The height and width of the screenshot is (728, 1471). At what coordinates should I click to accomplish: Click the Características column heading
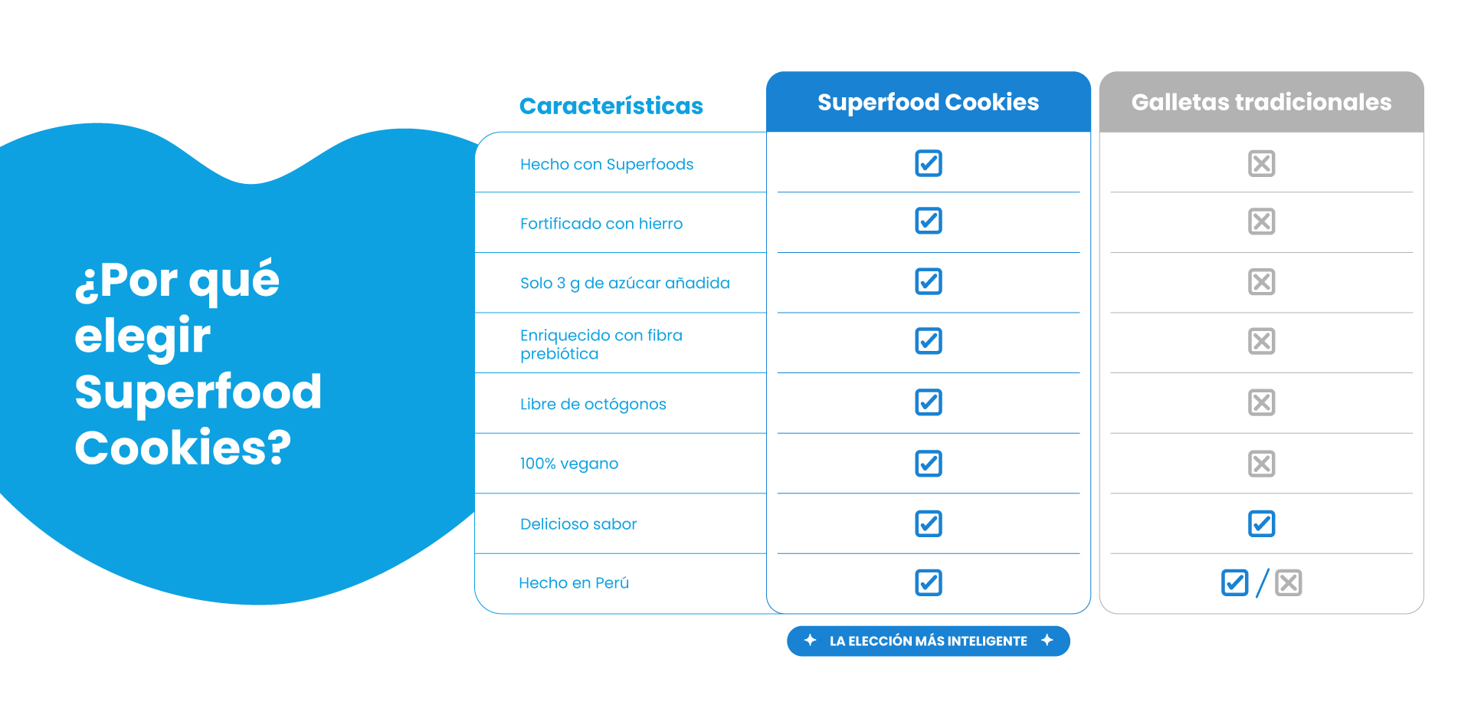pyautogui.click(x=611, y=106)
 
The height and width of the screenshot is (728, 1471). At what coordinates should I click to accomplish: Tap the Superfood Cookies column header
pyautogui.click(x=928, y=102)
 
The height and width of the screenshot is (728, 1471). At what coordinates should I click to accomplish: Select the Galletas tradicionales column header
pyautogui.click(x=1261, y=102)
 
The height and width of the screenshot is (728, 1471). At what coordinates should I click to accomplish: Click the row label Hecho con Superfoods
pyautogui.click(x=606, y=164)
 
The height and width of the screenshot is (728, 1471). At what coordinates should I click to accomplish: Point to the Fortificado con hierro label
pyautogui.click(x=601, y=223)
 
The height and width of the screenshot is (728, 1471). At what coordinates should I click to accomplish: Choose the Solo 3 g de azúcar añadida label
pyautogui.click(x=624, y=283)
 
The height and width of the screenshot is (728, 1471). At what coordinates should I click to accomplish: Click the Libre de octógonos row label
pyautogui.click(x=593, y=404)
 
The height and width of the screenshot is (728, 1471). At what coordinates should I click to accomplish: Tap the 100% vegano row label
pyautogui.click(x=568, y=464)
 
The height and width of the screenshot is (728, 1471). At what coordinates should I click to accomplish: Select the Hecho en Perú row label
pyautogui.click(x=574, y=582)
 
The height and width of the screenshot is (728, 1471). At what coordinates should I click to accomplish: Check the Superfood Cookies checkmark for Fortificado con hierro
pyautogui.click(x=929, y=221)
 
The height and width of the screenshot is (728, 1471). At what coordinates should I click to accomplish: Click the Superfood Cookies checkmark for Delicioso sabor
pyautogui.click(x=929, y=523)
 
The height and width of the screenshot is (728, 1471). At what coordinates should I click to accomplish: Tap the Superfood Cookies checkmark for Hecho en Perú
pyautogui.click(x=929, y=582)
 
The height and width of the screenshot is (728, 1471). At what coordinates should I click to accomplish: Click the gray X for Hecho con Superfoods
pyautogui.click(x=1261, y=163)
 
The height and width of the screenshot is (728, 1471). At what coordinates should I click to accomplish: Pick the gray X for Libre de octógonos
pyautogui.click(x=1261, y=402)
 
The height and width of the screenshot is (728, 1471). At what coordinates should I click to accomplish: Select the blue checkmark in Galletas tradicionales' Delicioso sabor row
pyautogui.click(x=1261, y=523)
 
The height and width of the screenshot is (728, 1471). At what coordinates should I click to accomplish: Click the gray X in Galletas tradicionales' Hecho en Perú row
pyautogui.click(x=1289, y=582)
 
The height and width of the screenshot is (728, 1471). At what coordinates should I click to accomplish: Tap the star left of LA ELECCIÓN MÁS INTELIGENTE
pyautogui.click(x=810, y=640)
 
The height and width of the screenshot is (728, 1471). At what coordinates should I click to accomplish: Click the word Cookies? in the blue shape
pyautogui.click(x=183, y=448)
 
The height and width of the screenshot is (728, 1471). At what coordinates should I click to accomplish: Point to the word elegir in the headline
pyautogui.click(x=143, y=336)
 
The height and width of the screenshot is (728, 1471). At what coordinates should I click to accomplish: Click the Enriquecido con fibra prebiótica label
pyautogui.click(x=601, y=344)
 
